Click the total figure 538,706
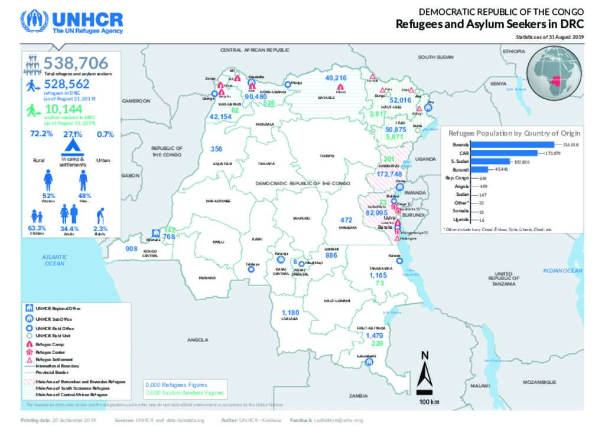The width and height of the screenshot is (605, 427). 76,62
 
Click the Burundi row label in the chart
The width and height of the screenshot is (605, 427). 461,170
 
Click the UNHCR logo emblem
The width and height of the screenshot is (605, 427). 34,22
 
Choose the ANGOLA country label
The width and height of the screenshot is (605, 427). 198,340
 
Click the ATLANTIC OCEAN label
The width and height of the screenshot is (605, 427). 54,260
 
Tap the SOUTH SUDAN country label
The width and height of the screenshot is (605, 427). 436,57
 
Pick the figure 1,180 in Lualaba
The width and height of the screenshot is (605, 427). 291,313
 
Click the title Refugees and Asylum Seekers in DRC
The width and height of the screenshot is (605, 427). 489,24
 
